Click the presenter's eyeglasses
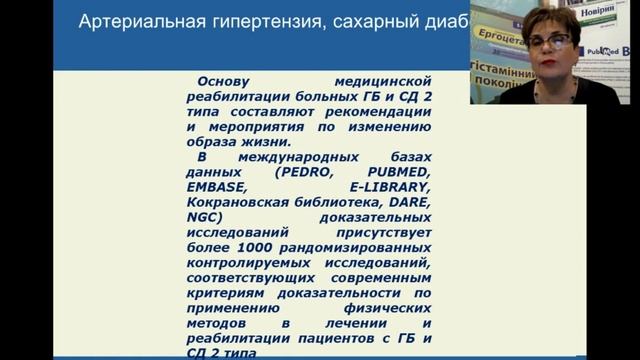coord(549,43)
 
